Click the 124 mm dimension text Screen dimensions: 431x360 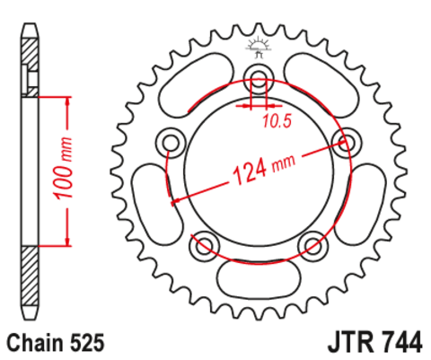tap(264, 170)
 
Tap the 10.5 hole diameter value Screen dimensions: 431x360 tap(277, 121)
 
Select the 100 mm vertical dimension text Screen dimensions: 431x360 tap(63, 169)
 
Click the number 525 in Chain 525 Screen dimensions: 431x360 tap(87, 343)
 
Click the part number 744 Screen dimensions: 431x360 tap(401, 342)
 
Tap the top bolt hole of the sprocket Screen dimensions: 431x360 tap(259, 77)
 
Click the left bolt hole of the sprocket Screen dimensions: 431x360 tap(171, 142)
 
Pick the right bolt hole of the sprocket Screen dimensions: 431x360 tap(347, 142)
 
